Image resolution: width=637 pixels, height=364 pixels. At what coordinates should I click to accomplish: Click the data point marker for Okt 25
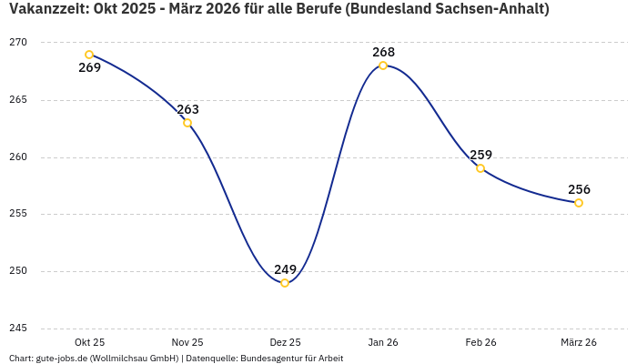point(89,55)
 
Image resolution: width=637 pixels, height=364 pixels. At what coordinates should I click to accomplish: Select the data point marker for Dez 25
point(285,283)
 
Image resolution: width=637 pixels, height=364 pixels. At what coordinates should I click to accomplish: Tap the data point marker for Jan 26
point(383,66)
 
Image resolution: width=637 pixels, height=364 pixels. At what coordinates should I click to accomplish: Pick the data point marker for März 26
point(579,203)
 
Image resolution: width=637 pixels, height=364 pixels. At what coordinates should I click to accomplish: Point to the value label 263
point(187,109)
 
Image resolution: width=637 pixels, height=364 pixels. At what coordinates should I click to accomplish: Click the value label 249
point(286,269)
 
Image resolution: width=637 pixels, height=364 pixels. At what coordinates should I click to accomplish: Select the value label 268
point(383,52)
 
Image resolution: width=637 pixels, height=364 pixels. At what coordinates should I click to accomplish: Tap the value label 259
point(480,155)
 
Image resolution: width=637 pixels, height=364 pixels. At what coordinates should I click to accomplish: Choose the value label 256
point(579,189)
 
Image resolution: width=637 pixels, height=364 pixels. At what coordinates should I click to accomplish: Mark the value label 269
point(89,67)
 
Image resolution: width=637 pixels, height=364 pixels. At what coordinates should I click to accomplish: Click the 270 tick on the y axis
point(18,43)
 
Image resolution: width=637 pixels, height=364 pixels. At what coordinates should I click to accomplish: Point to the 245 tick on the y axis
point(18,329)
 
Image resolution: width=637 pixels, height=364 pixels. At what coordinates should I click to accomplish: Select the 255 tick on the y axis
point(18,214)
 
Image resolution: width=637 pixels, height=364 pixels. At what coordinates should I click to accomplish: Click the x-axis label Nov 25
point(187,342)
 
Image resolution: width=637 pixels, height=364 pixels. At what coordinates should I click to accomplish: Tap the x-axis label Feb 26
point(480,342)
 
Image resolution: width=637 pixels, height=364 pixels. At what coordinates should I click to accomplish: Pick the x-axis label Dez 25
point(285,342)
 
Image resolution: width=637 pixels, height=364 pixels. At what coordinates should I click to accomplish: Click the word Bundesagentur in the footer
point(277,359)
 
